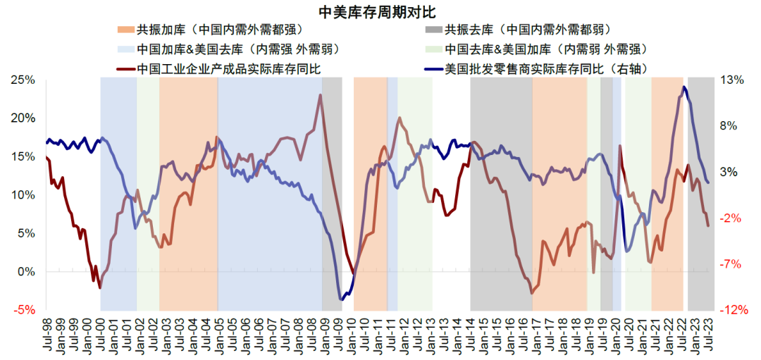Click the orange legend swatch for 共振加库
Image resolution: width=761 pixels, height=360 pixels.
125,30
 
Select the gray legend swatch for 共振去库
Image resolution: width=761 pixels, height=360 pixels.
435,30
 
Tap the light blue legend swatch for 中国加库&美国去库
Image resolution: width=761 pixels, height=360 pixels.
125,49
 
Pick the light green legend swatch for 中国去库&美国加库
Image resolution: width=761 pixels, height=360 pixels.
435,49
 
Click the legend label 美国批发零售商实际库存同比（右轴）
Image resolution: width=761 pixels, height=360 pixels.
546,68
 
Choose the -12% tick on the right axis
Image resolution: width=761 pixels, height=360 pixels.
734,310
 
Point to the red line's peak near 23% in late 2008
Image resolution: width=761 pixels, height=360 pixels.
320,94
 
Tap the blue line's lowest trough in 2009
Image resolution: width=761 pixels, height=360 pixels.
342,299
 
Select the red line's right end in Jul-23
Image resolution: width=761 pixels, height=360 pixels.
708,225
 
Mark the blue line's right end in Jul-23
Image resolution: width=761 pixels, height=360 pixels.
708,182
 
